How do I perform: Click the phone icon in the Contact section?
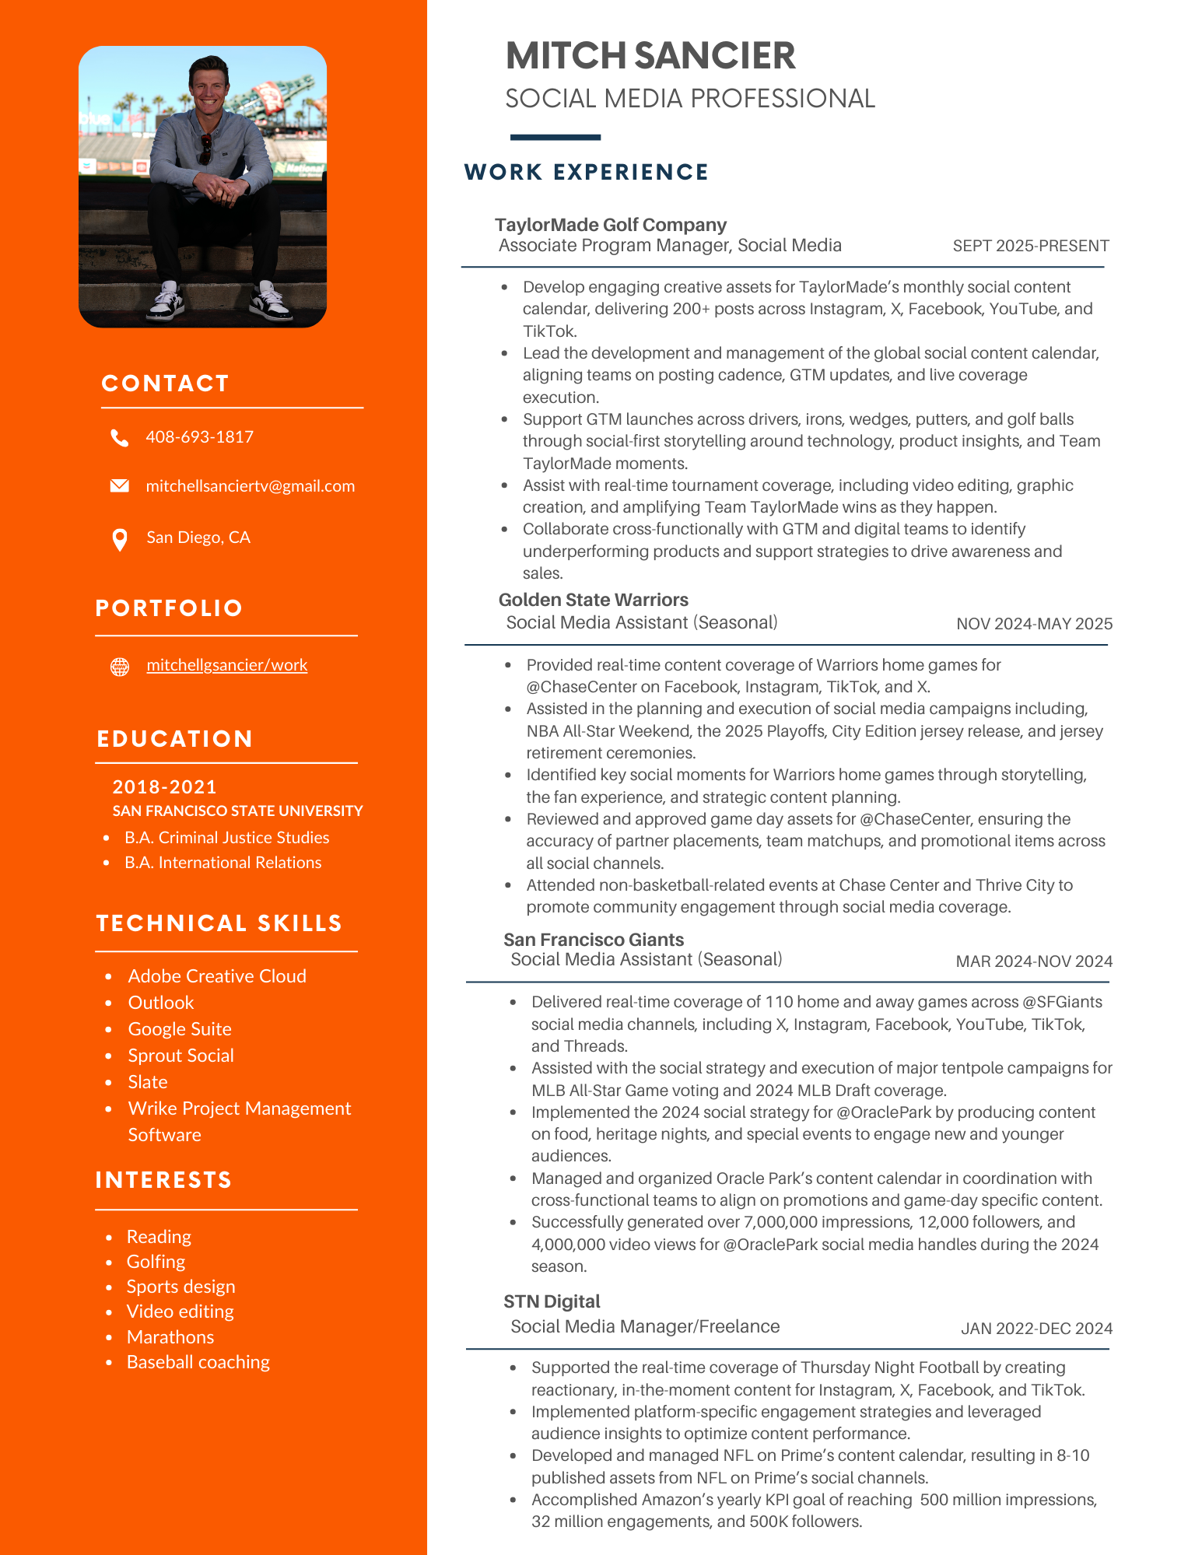(119, 438)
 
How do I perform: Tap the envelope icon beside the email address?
(119, 486)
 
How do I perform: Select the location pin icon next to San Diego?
(119, 539)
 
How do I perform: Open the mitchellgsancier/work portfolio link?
(226, 665)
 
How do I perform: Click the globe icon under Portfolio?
(119, 667)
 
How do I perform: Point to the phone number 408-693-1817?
(199, 437)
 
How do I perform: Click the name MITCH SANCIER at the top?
(650, 56)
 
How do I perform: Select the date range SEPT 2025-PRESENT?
(1030, 246)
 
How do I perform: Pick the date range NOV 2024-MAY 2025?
(1033, 624)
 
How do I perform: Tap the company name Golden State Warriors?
(593, 600)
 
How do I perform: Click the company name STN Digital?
(551, 1301)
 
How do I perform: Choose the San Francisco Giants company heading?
(593, 940)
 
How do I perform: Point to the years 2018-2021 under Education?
(164, 787)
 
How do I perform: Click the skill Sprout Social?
(180, 1056)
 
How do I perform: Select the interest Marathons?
(170, 1337)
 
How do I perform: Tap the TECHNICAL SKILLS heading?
(219, 923)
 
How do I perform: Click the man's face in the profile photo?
(209, 86)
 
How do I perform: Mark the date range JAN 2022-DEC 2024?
(1036, 1329)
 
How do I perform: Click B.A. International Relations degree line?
(223, 863)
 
